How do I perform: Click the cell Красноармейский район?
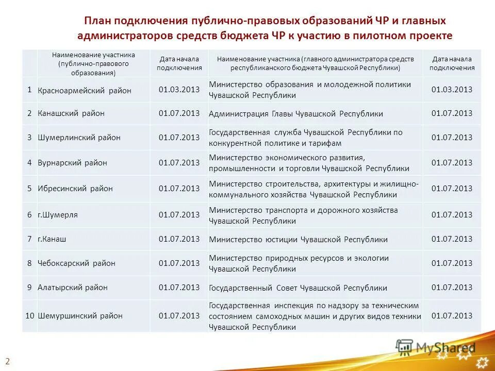[85, 91]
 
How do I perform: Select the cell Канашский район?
[71, 113]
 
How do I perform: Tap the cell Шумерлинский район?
[79, 138]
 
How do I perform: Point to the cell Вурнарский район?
[73, 163]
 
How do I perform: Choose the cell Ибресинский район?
[75, 189]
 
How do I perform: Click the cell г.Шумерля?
[58, 215]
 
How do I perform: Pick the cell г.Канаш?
[52, 239]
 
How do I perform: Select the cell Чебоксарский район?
[76, 263]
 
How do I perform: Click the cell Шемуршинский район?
[80, 316]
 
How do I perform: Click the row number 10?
[30, 315]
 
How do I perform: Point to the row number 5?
[30, 189]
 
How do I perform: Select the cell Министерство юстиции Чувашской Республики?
[298, 240]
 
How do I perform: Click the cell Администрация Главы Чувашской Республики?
[296, 114]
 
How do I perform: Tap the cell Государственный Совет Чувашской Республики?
[298, 288]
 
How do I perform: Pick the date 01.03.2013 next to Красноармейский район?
[179, 90]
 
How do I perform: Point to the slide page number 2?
[8, 360]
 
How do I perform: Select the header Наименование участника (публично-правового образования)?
[93, 63]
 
